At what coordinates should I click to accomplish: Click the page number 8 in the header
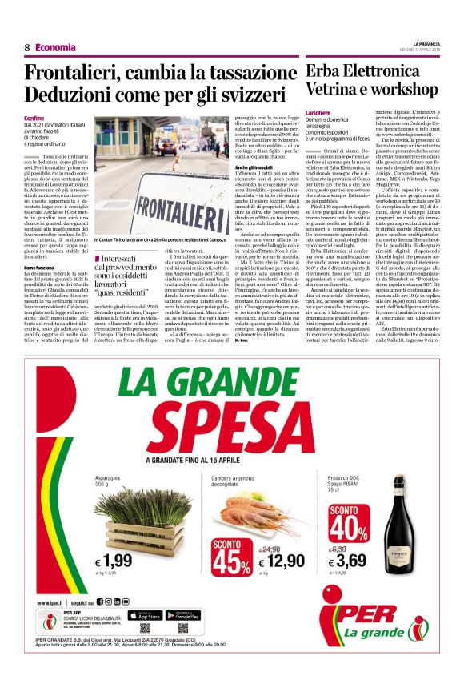click(x=26, y=47)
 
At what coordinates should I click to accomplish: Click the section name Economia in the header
click(x=55, y=47)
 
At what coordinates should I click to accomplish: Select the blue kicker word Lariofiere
click(x=322, y=115)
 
